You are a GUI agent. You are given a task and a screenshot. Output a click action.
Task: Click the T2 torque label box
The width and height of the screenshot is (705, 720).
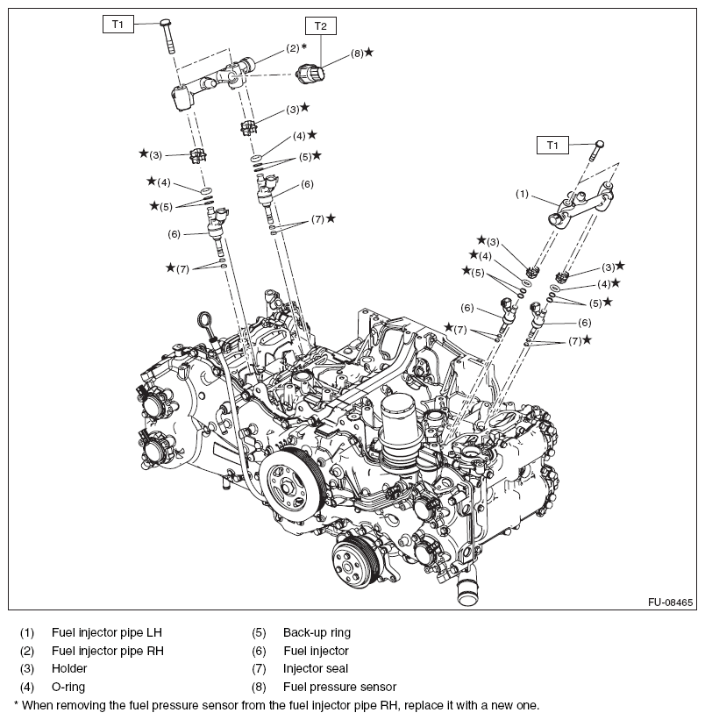coord(320,26)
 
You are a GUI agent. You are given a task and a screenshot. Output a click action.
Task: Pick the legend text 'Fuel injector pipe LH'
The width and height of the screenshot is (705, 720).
coord(106,631)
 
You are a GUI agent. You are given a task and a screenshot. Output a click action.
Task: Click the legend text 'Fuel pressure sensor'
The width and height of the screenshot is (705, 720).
coord(339,687)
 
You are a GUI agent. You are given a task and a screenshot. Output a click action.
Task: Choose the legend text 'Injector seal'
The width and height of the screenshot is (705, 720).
coord(316,668)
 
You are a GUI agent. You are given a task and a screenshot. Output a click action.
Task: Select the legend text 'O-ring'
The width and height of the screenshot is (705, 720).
coord(68,687)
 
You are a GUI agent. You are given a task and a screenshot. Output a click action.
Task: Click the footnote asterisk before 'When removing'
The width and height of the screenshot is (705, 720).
coord(17,704)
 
